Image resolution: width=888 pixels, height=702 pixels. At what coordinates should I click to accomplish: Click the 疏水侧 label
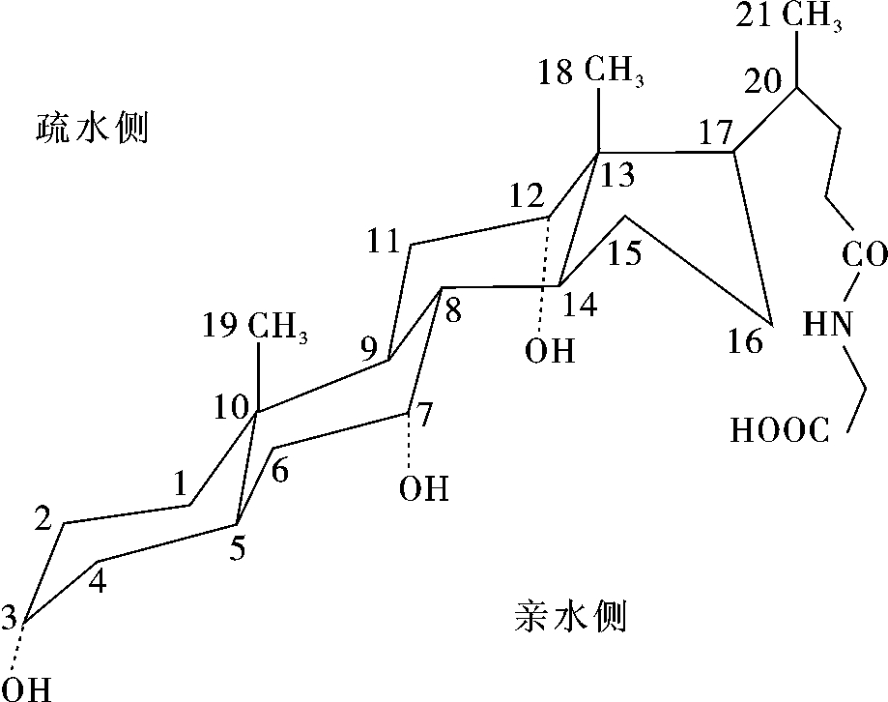(x=93, y=128)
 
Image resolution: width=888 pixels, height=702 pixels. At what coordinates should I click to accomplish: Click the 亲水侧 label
(x=570, y=617)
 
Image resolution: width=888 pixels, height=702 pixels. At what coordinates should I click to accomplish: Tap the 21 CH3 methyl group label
(x=788, y=17)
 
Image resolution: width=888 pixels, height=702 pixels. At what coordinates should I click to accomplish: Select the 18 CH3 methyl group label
(x=590, y=73)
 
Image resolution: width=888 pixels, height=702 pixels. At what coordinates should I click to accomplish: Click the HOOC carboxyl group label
(x=781, y=430)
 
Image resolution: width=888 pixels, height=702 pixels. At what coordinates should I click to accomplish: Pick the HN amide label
(x=828, y=325)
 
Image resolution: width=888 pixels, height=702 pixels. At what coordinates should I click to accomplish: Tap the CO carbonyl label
(x=864, y=254)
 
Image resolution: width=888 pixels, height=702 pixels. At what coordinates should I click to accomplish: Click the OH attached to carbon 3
(x=31, y=688)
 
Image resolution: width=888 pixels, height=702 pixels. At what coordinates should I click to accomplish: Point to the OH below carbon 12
(x=550, y=351)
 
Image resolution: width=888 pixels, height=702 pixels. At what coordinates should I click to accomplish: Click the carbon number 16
(x=745, y=341)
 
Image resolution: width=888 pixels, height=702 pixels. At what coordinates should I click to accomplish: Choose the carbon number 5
(x=238, y=548)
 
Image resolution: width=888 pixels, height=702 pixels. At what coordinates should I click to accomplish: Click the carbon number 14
(x=581, y=305)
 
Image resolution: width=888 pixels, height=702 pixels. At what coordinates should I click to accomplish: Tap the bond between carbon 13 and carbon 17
(x=667, y=152)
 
